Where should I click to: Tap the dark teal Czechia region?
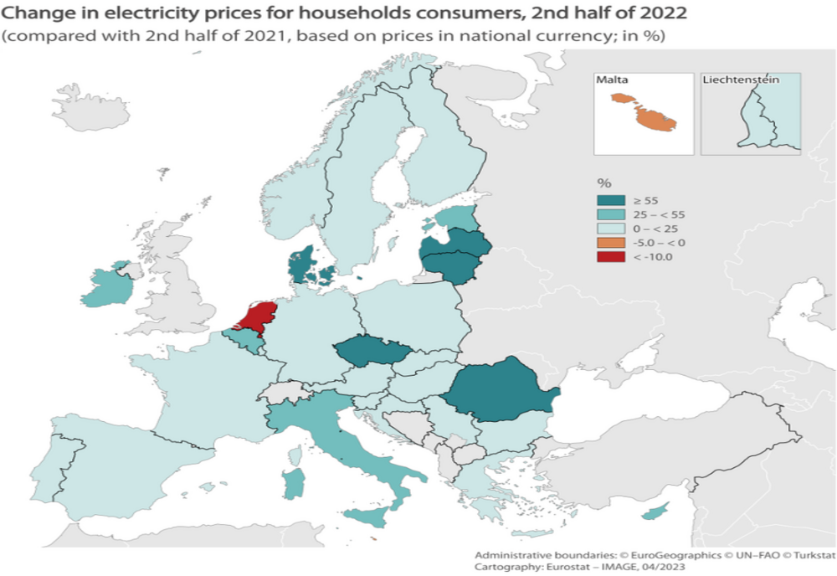[373, 352]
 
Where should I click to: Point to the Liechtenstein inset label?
[741, 80]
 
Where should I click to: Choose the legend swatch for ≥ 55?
[610, 200]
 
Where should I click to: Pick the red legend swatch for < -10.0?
[610, 256]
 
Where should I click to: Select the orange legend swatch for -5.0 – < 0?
[610, 243]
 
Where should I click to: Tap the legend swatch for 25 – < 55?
[610, 214]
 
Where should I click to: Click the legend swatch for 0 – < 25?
[610, 229]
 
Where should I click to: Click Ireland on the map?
[109, 287]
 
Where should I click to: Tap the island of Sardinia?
[294, 484]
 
